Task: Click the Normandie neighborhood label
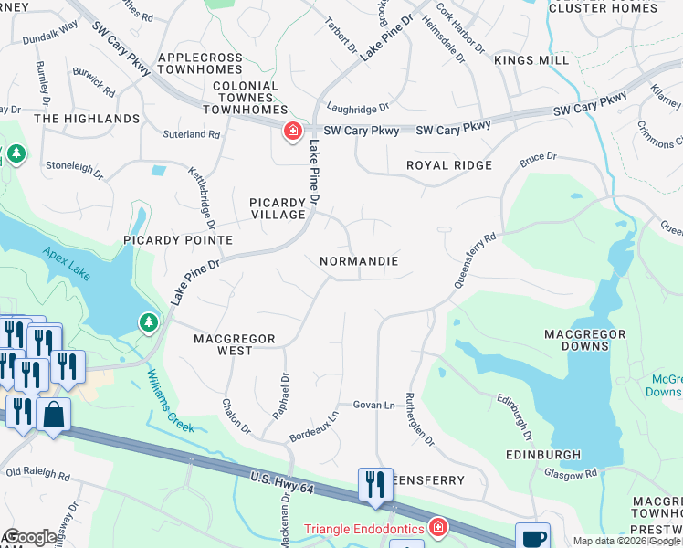(359, 261)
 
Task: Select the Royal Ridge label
(449, 165)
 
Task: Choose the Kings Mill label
(531, 60)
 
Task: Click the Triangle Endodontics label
(363, 529)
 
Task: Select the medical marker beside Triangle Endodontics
(438, 529)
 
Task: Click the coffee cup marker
(532, 538)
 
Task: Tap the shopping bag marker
(54, 415)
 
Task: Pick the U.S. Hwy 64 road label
(282, 483)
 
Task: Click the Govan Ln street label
(374, 405)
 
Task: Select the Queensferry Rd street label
(476, 262)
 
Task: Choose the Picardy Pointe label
(179, 240)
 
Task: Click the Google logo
(30, 537)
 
